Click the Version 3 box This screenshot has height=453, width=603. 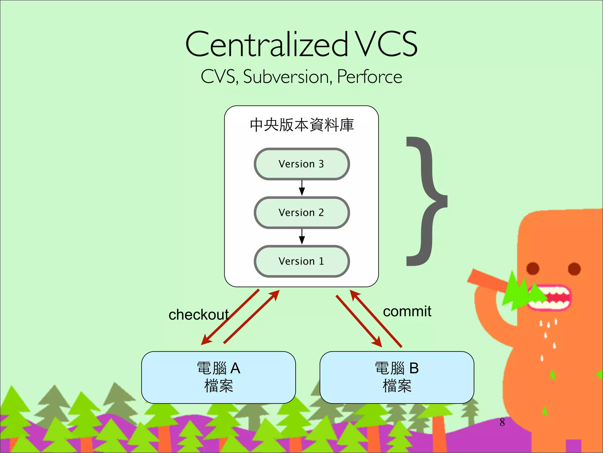tap(301, 164)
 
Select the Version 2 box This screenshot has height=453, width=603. tap(301, 213)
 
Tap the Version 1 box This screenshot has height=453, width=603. tap(301, 261)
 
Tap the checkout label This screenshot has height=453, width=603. tap(198, 315)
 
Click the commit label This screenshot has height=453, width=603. tap(407, 311)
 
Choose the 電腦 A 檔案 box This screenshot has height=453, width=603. tap(218, 377)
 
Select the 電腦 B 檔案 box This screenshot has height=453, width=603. tap(397, 377)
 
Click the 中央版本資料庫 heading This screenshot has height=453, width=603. tap(301, 125)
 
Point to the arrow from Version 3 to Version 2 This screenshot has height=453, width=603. tap(302, 188)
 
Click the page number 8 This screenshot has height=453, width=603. tap(502, 422)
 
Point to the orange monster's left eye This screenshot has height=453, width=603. tap(533, 268)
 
